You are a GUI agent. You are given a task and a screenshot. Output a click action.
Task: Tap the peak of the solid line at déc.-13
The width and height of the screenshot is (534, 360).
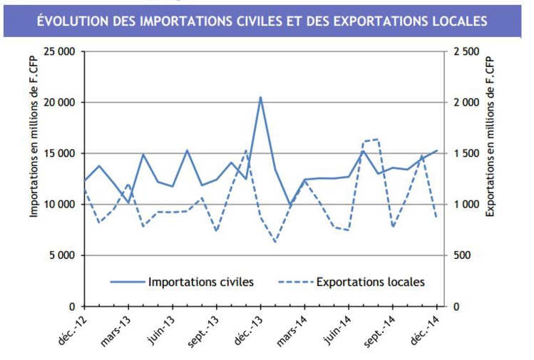coord(260,97)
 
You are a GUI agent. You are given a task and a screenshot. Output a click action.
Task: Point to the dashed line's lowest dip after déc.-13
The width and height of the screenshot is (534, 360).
coord(275,242)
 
